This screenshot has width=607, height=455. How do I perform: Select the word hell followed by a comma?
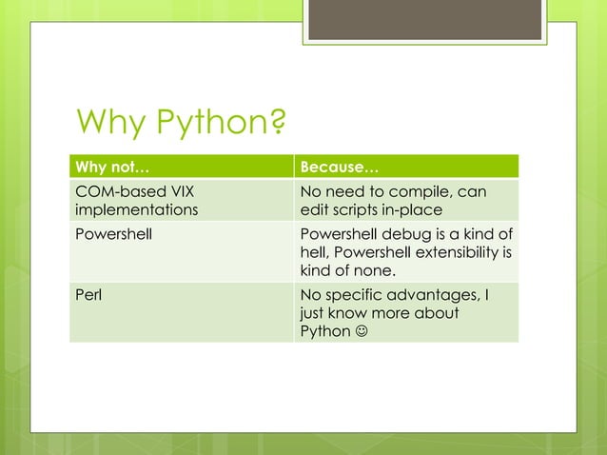[316, 253]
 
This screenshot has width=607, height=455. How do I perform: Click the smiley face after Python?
[362, 331]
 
